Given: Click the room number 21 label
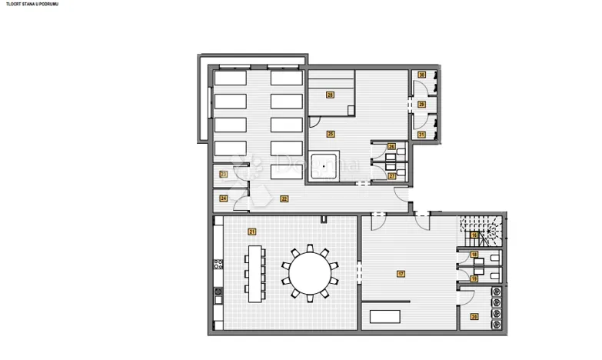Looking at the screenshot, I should click(251, 231).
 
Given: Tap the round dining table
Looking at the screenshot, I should click(310, 272).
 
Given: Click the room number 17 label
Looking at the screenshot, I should click(401, 274).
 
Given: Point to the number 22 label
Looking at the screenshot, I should click(284, 198).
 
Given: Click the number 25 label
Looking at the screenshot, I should click(331, 134).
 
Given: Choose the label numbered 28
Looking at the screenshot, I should click(330, 95).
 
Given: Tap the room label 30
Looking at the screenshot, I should click(422, 75).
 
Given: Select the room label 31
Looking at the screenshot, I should click(421, 134).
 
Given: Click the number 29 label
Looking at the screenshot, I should click(421, 105).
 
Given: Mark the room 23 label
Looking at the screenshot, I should click(224, 175).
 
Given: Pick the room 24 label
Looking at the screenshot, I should click(224, 198).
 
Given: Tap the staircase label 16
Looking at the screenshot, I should click(475, 235).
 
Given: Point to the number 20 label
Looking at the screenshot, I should click(474, 317).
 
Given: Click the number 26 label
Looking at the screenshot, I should click(392, 147).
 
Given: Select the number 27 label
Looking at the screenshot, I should click(392, 176).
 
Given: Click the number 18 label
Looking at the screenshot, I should click(474, 255).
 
